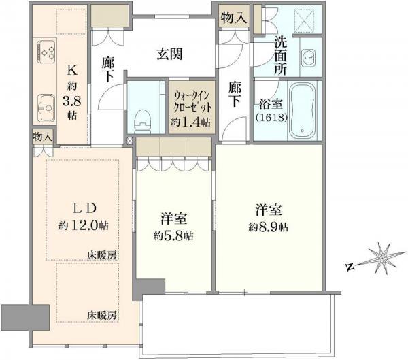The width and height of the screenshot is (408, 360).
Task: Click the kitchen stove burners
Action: (46, 51)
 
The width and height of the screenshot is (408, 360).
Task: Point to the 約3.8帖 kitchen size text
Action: (71, 101)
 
